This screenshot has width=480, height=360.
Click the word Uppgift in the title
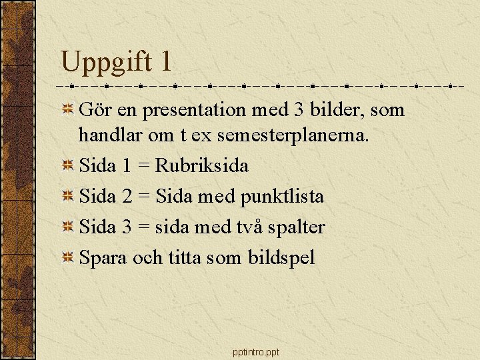[107, 63]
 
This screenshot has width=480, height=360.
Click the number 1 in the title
[165, 62]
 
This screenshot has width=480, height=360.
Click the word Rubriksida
[202, 165]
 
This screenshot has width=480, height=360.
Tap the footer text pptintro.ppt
[257, 352]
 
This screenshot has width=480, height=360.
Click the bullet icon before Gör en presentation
[68, 109]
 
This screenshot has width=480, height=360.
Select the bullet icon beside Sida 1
[68, 166]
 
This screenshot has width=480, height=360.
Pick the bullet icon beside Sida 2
[68, 197]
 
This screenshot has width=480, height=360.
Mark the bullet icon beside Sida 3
[68, 227]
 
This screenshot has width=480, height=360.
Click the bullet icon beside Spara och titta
[68, 258]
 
